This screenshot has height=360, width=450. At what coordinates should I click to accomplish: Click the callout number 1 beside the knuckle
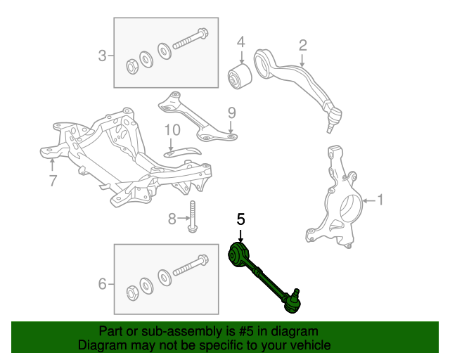coord(381,200)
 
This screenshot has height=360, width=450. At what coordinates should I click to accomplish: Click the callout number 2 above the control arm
coord(303,46)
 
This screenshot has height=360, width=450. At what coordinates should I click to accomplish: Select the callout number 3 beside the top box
coord(103,55)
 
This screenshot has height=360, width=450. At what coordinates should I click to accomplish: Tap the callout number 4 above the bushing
coord(240,42)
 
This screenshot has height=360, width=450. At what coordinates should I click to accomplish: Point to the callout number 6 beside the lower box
coord(103,284)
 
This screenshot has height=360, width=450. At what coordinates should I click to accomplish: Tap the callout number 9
coord(231,112)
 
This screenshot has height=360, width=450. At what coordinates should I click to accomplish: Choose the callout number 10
coord(172,130)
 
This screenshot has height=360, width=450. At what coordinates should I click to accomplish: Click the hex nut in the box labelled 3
coord(131,67)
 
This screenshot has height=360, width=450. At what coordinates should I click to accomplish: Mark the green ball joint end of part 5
coord(293,302)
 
